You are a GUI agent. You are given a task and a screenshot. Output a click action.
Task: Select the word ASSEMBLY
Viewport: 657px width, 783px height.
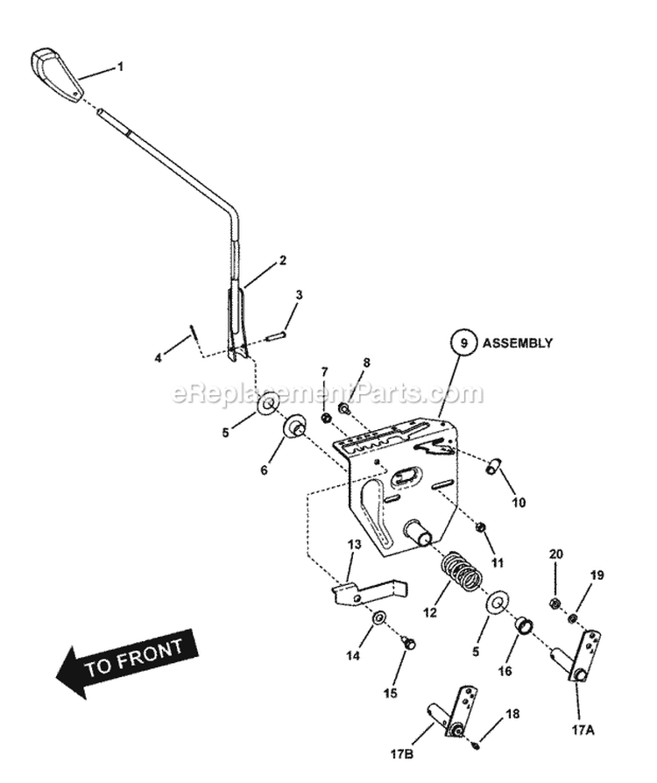click(519, 343)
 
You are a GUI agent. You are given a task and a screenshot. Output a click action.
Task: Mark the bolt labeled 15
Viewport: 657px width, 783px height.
click(408, 644)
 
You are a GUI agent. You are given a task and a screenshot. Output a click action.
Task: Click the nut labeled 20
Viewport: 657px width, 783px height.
click(554, 603)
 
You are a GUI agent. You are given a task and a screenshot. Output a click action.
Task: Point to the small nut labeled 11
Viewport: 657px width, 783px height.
click(481, 526)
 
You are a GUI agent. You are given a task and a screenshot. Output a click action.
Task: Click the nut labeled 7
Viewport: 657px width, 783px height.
click(326, 418)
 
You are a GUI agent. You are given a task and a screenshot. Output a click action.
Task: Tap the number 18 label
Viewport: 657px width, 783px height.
click(512, 715)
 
